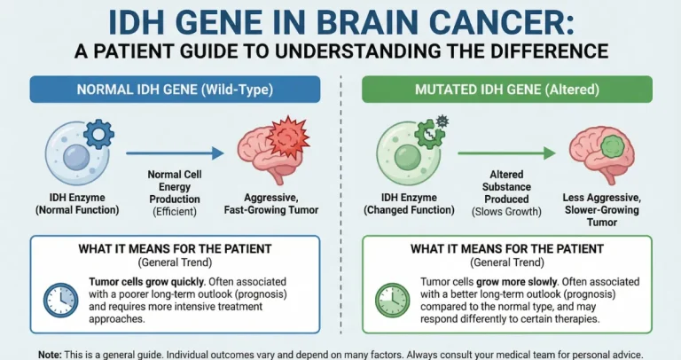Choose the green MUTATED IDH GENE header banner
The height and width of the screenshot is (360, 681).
[x=506, y=89]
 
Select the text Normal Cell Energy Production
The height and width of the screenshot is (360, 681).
[x=168, y=187]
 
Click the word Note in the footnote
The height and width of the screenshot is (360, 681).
[x=51, y=353]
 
